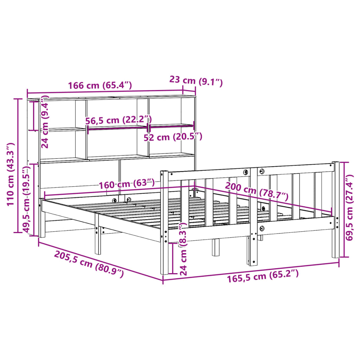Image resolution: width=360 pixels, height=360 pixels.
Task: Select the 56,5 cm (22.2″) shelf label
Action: coord(118,120)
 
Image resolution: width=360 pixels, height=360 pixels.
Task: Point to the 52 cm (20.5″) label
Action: coord(173,137)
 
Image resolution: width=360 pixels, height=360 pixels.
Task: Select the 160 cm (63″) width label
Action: coord(127,184)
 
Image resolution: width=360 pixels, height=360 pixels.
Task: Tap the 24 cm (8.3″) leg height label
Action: coord(183,249)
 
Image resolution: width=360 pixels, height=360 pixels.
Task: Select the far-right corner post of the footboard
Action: coord(336,211)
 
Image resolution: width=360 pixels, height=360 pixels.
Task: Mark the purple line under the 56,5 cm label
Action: coord(117,128)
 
